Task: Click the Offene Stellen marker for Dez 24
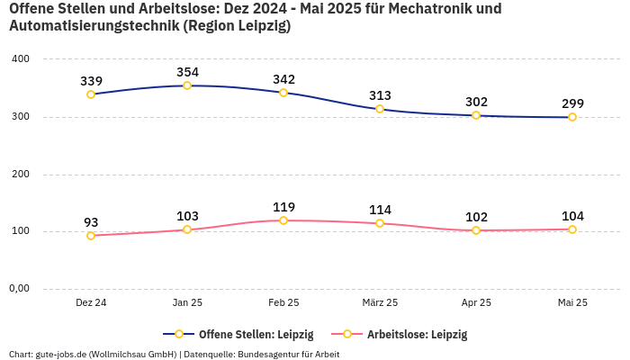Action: tap(91, 94)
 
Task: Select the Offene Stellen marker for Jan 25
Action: tap(187, 85)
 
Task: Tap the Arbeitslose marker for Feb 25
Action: tap(283, 220)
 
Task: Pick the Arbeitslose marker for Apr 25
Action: tap(476, 230)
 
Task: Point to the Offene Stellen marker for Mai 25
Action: tap(572, 117)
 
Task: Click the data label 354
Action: tap(187, 72)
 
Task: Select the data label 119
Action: tap(283, 207)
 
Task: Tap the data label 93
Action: tap(91, 222)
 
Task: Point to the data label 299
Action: tap(572, 103)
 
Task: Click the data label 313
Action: tap(380, 95)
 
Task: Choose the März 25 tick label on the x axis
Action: tap(380, 303)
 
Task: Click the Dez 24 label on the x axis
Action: tap(91, 303)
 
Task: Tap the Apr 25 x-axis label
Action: tap(476, 303)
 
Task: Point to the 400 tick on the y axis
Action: tap(20, 59)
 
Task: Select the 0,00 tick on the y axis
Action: tap(19, 289)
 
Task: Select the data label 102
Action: tap(476, 217)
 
